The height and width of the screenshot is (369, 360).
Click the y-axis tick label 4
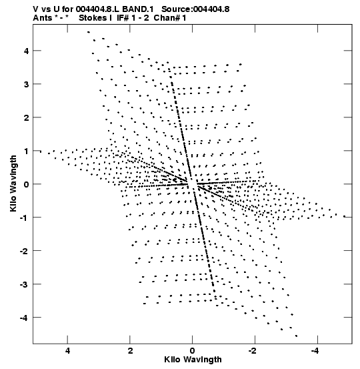pos(27,51)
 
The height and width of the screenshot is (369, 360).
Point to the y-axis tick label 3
pos(27,84)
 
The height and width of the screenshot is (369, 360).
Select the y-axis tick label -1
pos(25,218)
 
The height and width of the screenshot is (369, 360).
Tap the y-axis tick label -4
pos(25,318)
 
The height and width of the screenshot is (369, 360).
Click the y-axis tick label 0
pos(27,184)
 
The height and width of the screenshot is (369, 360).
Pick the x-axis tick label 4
pos(67,351)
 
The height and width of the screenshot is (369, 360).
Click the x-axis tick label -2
pos(253,351)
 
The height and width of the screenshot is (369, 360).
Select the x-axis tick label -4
pos(315,351)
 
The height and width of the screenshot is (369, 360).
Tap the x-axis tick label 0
pos(193,351)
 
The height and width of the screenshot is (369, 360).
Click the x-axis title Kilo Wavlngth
pos(193,360)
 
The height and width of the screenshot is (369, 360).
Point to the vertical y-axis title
pos(13,183)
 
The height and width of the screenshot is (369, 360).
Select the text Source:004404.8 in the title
pos(195,9)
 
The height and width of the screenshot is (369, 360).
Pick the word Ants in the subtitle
pos(42,18)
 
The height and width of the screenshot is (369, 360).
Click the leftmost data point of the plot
pos(41,151)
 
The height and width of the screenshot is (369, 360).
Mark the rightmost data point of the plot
pos(344,216)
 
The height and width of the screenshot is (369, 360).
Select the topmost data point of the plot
pos(89,32)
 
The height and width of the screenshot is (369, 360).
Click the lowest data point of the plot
pos(296,336)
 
